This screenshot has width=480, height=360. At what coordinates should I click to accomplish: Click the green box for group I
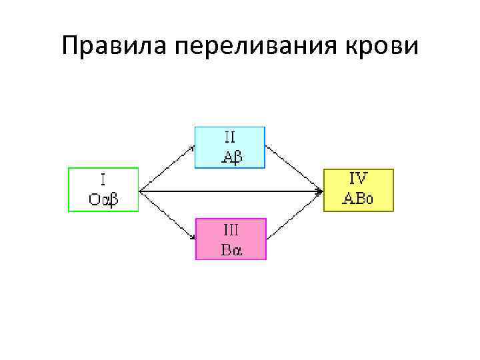coord(103,189)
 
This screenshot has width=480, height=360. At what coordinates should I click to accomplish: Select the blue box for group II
coord(229,147)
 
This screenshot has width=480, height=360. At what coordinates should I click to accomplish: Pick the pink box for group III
coord(230,239)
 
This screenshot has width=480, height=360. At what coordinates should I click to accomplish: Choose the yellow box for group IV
coord(358,190)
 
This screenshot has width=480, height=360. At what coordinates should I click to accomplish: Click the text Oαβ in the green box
coord(103,198)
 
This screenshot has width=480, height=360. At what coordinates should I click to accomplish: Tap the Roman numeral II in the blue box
coord(229,138)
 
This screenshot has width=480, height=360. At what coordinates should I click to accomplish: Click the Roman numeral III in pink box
coord(231,230)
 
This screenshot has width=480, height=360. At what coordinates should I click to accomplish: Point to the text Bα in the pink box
coord(231,250)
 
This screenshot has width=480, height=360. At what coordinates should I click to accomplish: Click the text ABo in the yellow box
coord(359,199)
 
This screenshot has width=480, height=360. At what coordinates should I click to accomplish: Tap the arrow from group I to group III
coord(167,215)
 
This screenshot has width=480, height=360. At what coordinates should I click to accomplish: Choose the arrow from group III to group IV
coord(294,215)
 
